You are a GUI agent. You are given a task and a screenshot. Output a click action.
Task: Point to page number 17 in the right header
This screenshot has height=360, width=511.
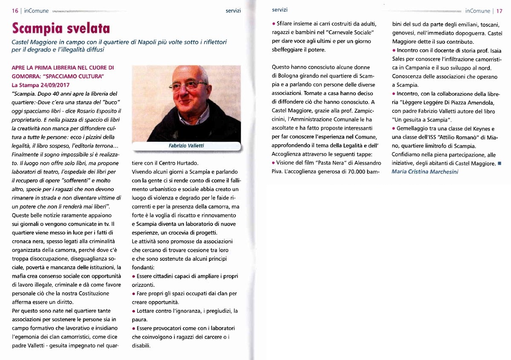click(x=499, y=11)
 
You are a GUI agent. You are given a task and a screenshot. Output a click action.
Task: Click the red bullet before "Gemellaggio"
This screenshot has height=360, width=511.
click(x=393, y=129)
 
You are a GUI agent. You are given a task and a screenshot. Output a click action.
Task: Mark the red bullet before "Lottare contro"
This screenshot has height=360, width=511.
click(x=134, y=311)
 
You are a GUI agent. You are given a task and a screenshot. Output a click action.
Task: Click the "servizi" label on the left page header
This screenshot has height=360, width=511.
click(x=233, y=11)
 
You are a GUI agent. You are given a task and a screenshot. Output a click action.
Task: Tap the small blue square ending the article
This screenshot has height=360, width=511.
click(x=500, y=163)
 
